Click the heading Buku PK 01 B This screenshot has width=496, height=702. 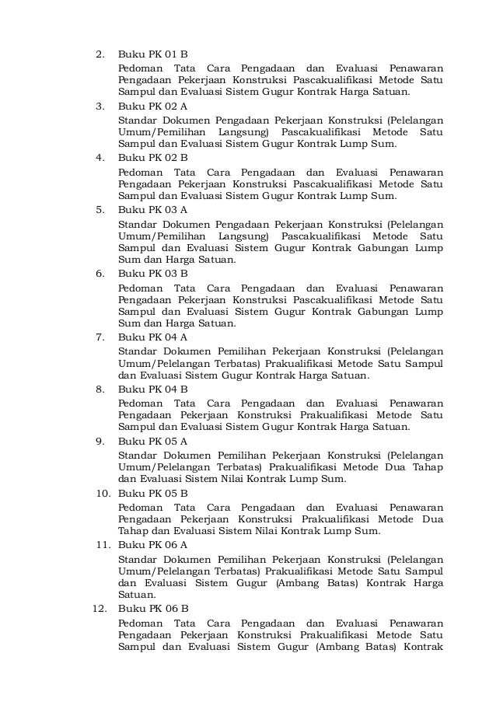[x=152, y=54]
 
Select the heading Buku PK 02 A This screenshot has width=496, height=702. [x=152, y=106]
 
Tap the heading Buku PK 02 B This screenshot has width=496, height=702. [x=152, y=157]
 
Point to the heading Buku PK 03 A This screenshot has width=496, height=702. [x=152, y=209]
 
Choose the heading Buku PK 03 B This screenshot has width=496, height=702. [x=152, y=273]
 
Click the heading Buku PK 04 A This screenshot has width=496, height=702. [x=152, y=337]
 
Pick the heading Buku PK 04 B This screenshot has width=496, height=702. [x=152, y=389]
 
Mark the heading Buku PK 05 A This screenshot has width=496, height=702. [x=152, y=441]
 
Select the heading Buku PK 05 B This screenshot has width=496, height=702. [x=152, y=493]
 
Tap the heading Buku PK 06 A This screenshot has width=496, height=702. [x=152, y=544]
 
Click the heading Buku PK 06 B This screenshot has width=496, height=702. [x=152, y=608]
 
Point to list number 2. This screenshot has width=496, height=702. [x=100, y=54]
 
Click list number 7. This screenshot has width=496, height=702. [x=100, y=337]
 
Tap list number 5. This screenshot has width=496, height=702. [x=100, y=209]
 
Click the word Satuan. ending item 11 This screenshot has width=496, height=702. [x=135, y=595]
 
